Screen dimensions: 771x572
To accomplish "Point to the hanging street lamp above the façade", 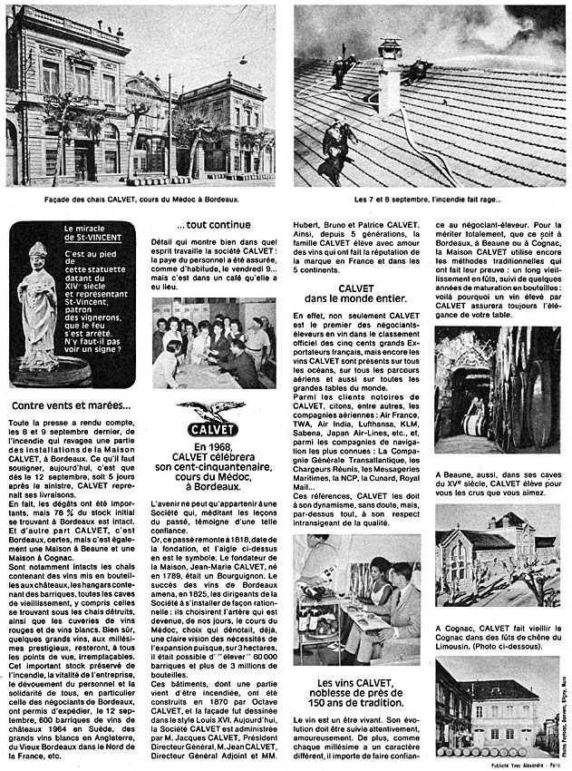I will coord(242,62).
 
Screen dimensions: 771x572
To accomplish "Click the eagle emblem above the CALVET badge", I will coord(211,411).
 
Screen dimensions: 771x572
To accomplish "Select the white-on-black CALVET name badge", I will coord(211,430).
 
